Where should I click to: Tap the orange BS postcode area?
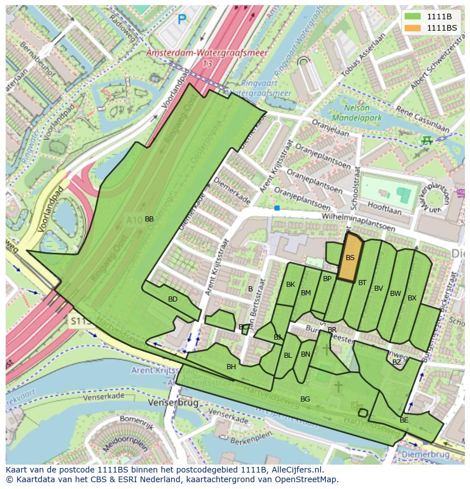point(350,258)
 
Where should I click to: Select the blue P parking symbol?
point(182,20)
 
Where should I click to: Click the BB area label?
point(149,219)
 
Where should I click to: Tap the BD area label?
point(173,299)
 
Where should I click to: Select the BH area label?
point(231,367)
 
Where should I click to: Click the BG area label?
point(305,399)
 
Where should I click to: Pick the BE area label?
point(404,420)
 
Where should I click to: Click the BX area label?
point(412,298)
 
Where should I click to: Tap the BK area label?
point(291,285)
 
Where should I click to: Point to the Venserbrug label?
point(173,402)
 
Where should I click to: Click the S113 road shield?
point(81,321)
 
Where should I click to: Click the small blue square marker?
point(277,208)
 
